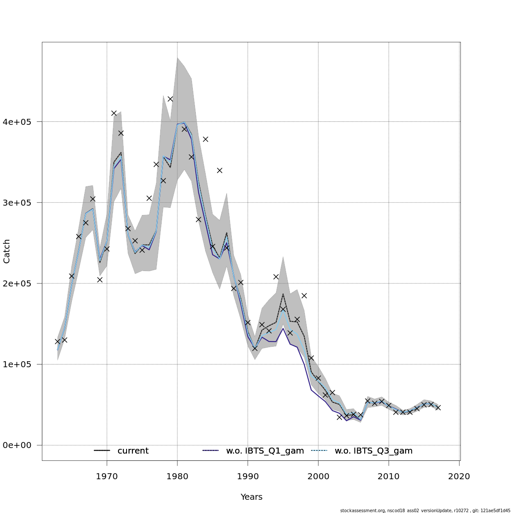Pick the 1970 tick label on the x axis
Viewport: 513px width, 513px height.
tap(107, 476)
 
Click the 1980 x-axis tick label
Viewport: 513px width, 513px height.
tap(177, 476)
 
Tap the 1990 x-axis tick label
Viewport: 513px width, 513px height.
tap(248, 476)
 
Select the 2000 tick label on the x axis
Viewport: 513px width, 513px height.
tap(318, 476)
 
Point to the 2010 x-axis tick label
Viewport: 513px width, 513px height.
tap(389, 476)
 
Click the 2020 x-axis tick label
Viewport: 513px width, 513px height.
tap(459, 476)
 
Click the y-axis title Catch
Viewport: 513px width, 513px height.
tap(7, 251)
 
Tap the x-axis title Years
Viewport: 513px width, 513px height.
tap(251, 497)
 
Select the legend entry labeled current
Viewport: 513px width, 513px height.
tap(133, 451)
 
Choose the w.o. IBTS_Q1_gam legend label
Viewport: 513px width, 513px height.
tap(265, 451)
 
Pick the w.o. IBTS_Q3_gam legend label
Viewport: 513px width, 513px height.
tap(373, 451)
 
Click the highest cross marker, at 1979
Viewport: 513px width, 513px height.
tap(170, 99)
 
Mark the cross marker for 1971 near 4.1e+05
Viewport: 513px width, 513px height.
tap(114, 113)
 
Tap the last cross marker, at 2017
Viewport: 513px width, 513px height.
tap(438, 407)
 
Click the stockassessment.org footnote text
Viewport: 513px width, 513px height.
tap(425, 510)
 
